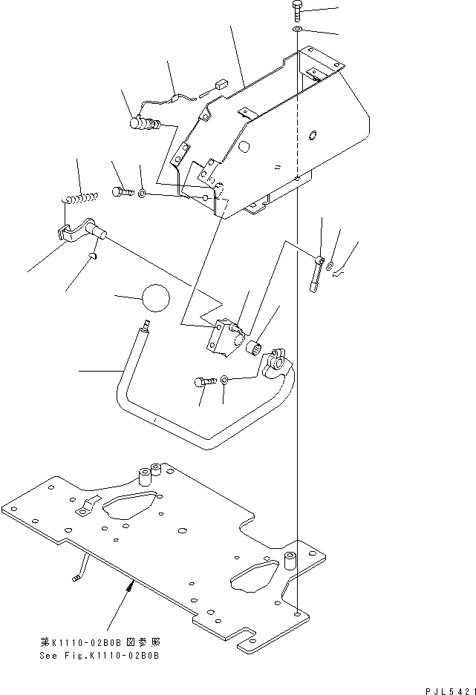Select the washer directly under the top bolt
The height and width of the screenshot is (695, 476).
point(296,29)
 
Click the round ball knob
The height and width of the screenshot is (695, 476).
point(154,298)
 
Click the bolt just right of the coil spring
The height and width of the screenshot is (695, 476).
point(123,192)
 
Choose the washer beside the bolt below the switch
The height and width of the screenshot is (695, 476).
point(226,380)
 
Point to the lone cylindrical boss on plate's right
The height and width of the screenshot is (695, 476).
point(291,563)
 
